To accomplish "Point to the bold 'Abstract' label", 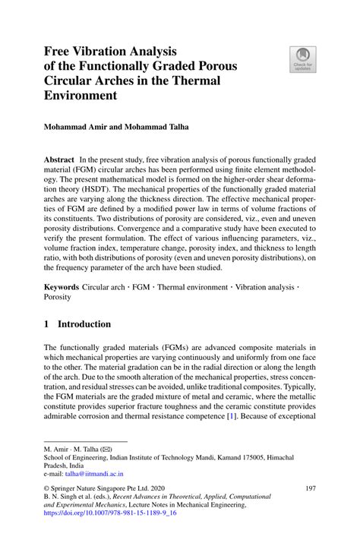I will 59,161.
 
